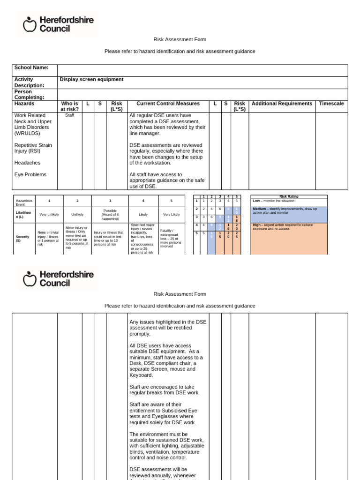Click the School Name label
click(x=31, y=67)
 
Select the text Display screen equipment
click(x=91, y=80)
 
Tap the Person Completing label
click(x=30, y=95)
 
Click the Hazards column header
click(x=24, y=104)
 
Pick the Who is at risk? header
click(x=70, y=106)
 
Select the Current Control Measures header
click(x=168, y=104)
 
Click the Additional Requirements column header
click(x=282, y=104)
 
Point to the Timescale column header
click(x=331, y=104)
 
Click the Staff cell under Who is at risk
click(x=70, y=115)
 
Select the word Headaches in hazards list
click(x=27, y=163)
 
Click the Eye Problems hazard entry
click(x=30, y=174)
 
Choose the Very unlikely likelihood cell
click(x=49, y=214)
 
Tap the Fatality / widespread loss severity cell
click(x=171, y=238)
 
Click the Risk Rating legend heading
click(x=289, y=197)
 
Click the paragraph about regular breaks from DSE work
click(x=165, y=390)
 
